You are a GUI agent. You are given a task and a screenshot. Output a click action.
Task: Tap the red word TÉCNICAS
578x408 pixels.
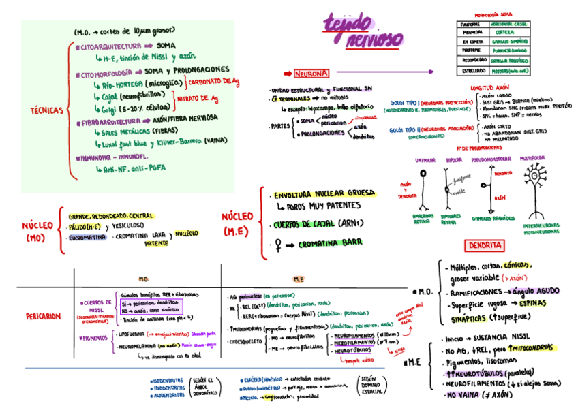coord(46,110)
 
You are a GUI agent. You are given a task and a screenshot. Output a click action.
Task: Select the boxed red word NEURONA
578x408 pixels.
coord(311,73)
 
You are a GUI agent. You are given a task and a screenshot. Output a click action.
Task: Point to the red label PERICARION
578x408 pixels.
coord(43,316)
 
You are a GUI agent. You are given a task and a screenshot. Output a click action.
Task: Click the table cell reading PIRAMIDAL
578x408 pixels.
coord(472,32)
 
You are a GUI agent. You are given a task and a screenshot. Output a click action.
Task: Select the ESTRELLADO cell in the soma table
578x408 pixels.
coord(472,70)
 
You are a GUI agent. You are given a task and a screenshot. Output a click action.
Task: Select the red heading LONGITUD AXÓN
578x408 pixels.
coord(489,88)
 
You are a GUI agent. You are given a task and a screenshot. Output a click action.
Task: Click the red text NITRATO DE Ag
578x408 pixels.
coord(198,98)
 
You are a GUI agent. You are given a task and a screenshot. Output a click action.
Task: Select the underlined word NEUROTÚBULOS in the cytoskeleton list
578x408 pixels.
coord(348,351)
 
